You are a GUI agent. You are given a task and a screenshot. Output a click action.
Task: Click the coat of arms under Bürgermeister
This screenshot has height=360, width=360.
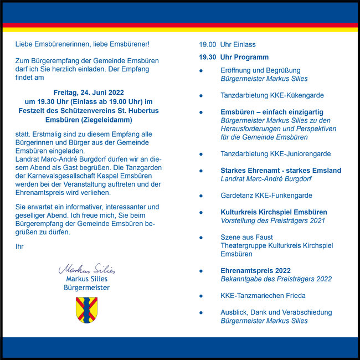coord(86,310)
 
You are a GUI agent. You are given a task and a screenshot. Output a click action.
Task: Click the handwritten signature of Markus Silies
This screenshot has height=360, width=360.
coord(87,270)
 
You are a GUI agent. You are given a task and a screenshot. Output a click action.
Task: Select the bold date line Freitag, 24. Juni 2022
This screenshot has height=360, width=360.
coord(89,92)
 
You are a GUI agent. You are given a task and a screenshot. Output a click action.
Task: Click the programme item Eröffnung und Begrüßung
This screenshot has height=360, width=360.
coord(260,70)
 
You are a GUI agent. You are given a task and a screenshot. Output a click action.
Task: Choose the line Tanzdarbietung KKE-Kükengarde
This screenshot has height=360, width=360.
coord(272,95)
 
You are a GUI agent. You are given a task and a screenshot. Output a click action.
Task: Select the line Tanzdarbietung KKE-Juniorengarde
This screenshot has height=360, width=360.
coord(275,154)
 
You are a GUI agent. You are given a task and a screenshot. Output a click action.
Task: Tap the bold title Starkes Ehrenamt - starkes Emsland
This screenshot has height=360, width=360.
coord(281,171)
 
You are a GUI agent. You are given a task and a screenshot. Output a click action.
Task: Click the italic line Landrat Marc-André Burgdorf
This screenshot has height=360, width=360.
coord(266,179)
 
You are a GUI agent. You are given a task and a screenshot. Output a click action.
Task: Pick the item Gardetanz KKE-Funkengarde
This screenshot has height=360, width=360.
coord(266,196)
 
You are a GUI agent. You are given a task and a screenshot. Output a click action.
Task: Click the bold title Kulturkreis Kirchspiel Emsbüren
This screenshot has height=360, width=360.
coord(274,212)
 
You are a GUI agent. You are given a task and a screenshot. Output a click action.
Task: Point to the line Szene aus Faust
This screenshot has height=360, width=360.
coord(246,237)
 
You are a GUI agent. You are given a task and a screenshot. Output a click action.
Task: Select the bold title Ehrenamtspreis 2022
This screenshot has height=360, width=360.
coord(255,271)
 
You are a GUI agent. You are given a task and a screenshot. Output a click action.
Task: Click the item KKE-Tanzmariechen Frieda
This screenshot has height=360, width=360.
coord(263,296)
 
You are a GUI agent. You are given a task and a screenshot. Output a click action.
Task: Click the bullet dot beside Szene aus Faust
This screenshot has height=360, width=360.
coord(201,238)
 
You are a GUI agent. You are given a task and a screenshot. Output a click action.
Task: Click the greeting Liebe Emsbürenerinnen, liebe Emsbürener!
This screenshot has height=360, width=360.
coord(83,44)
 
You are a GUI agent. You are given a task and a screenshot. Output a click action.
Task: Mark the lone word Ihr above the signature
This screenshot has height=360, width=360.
coord(20,246)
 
